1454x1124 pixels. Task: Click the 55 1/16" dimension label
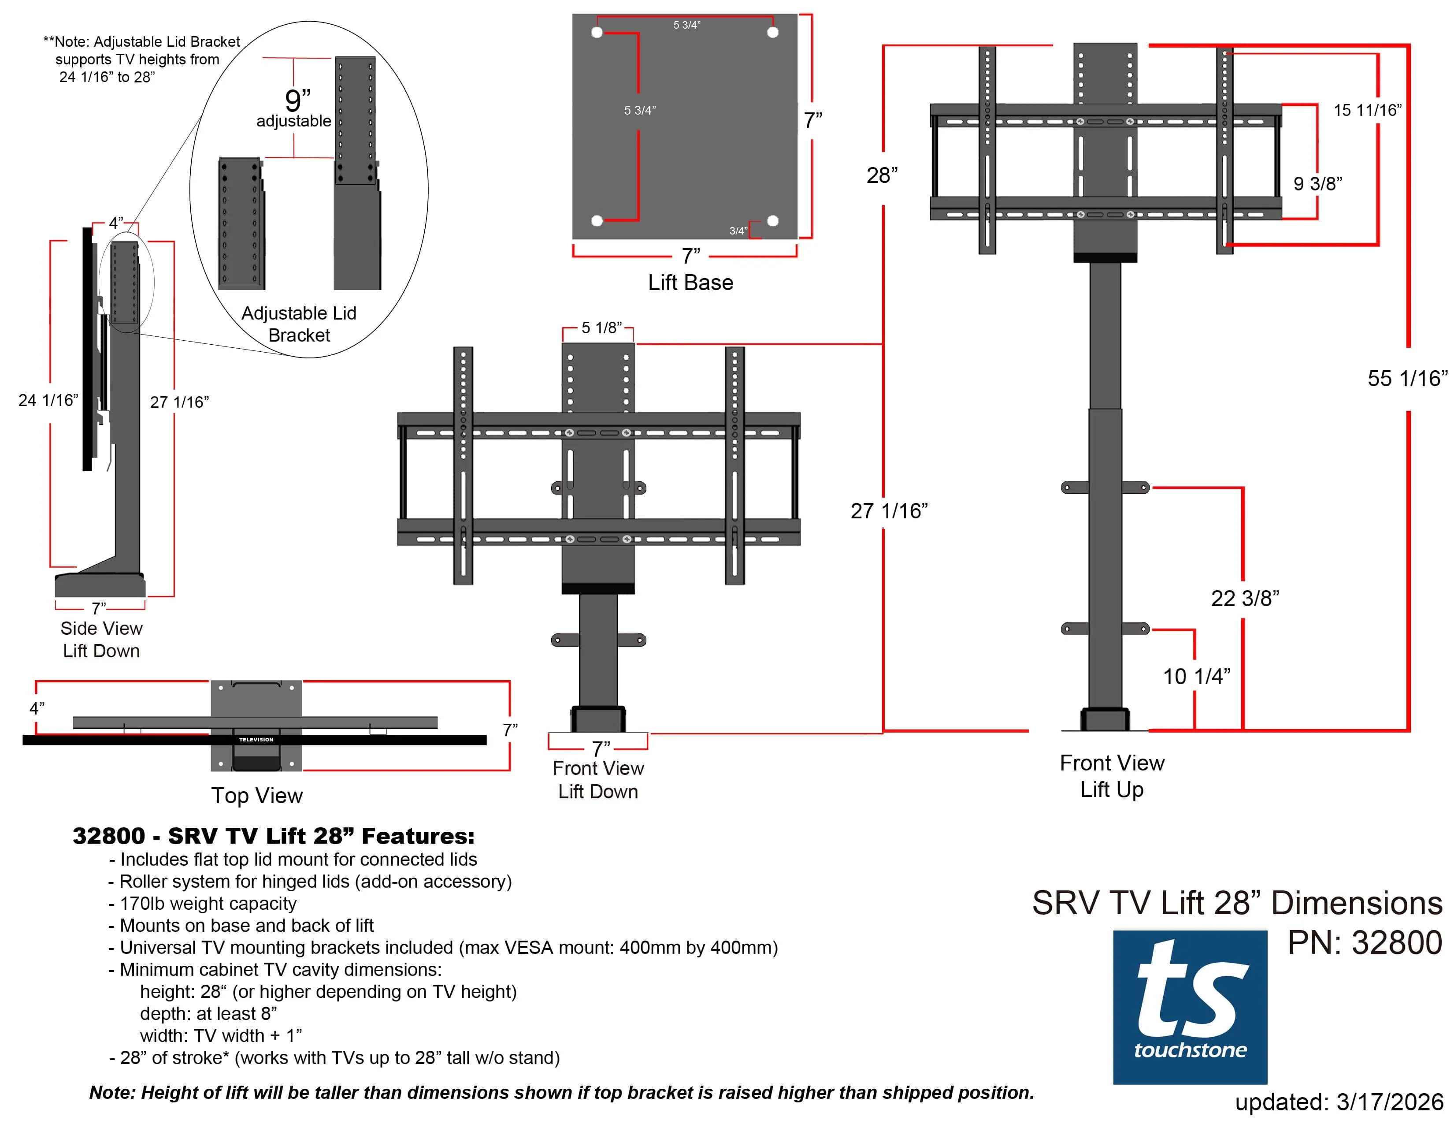coord(1407,378)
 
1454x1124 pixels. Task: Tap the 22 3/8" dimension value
coord(1244,598)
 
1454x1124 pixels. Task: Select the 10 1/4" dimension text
coord(1196,676)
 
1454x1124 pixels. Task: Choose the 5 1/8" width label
coord(601,327)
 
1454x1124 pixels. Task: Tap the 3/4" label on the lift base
coord(738,231)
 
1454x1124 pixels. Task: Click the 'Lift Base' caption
coord(690,283)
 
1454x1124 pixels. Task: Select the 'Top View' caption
coord(257,795)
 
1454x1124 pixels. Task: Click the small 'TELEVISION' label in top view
coord(256,739)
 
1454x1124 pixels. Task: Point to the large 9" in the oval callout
coord(297,100)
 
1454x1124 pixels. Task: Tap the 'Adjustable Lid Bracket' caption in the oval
coord(299,324)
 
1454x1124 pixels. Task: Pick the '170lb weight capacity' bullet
coord(208,903)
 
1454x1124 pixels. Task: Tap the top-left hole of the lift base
coord(597,32)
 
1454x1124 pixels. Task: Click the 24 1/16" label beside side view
coord(48,400)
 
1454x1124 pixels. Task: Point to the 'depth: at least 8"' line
coord(208,1013)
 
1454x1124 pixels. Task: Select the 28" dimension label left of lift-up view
coord(882,175)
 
